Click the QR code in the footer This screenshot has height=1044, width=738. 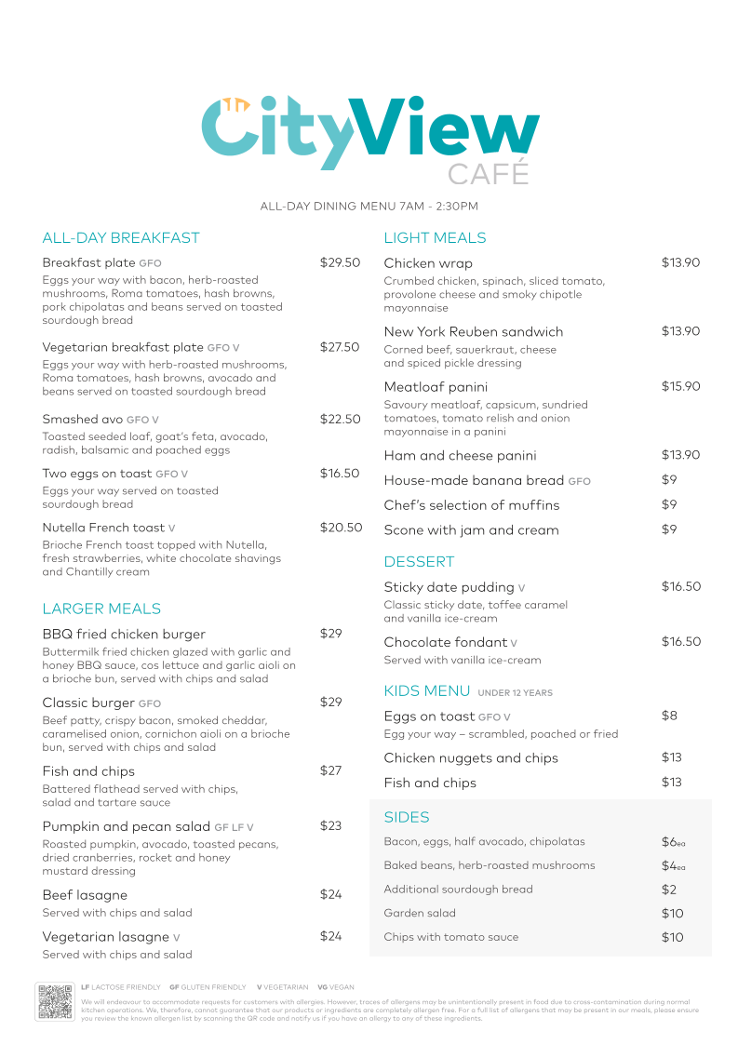click(x=55, y=1001)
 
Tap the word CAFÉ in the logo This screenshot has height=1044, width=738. click(x=488, y=174)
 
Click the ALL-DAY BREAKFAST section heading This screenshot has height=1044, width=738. click(x=121, y=238)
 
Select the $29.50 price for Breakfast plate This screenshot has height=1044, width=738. click(x=340, y=263)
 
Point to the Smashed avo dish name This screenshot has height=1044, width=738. click(x=83, y=420)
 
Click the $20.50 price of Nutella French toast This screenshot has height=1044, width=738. click(x=341, y=528)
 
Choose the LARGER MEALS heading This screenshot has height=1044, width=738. click(x=101, y=609)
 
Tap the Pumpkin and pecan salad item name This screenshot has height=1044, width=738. click(x=127, y=826)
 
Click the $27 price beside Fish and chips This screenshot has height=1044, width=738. click(x=331, y=770)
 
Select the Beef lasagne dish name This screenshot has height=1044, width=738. click(x=85, y=895)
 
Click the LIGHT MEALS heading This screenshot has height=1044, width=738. click(x=435, y=238)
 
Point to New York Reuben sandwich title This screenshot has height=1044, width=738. click(x=473, y=332)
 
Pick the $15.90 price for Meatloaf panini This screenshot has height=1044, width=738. click(x=680, y=386)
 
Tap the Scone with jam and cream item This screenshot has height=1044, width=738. click(x=471, y=530)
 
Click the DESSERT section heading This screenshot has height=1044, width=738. click(x=419, y=562)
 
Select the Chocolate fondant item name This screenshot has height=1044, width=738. click(x=446, y=642)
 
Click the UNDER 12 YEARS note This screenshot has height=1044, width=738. click(x=515, y=693)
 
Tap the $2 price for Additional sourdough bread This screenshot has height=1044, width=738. click(x=669, y=890)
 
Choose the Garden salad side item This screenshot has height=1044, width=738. click(x=420, y=914)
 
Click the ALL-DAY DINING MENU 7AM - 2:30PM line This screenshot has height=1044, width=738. click(x=369, y=207)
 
